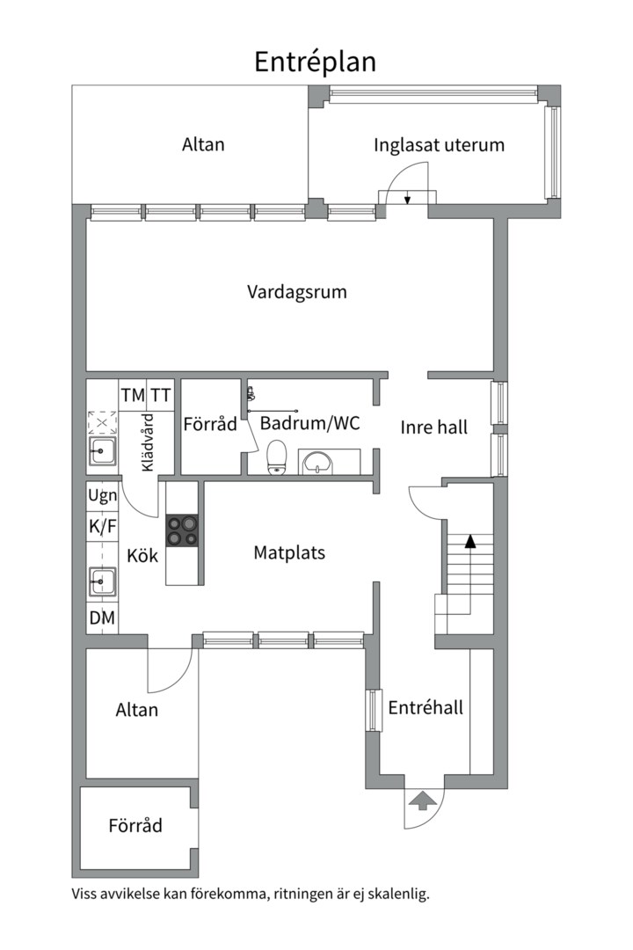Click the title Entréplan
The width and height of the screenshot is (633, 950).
coord(315,62)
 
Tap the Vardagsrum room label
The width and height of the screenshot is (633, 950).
coord(296,292)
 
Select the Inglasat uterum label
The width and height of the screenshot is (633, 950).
coord(439,145)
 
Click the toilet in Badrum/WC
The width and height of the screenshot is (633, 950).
coord(277,457)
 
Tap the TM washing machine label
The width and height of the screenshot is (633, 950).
coord(133,396)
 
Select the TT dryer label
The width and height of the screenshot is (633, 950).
coord(160,396)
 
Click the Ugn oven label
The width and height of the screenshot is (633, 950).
coord(102,496)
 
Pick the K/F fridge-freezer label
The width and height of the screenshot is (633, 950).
coord(102,527)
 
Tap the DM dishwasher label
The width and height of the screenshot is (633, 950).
coord(102,618)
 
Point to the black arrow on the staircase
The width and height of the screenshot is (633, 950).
coord(470,541)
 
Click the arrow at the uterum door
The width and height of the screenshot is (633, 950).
coord(408,199)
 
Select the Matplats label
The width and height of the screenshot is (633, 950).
coord(289,553)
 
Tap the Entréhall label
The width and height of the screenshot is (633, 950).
coord(426,707)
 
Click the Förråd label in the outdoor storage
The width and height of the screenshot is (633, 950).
coord(135,826)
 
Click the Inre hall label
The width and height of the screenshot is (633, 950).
coord(434,427)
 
